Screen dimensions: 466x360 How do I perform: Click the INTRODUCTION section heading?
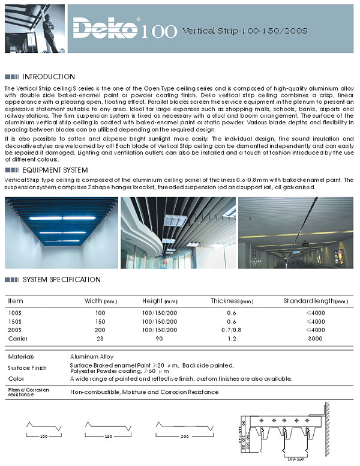coord(49,77)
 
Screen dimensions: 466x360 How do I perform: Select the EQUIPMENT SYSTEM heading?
coord(55,171)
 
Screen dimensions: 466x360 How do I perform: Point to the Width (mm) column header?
coord(101,301)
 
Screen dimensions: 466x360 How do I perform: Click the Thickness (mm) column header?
coord(232,301)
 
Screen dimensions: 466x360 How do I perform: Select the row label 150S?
coord(15,322)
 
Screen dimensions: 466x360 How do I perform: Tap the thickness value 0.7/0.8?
coord(232,330)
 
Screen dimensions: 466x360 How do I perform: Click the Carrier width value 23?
coord(100,339)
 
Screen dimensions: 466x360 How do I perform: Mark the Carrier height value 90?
coord(160,339)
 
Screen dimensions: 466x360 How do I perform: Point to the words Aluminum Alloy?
coord(91,357)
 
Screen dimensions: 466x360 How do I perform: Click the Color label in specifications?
coord(16,378)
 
